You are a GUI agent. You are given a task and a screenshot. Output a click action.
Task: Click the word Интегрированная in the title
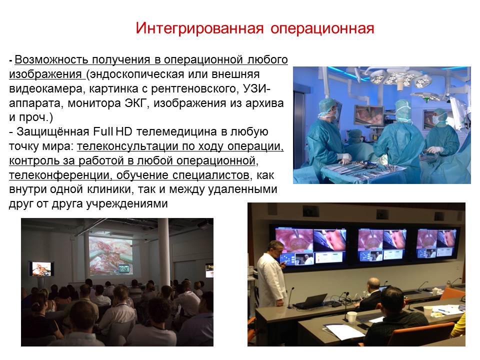coord(199,28)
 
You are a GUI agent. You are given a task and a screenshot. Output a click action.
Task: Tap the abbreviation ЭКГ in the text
coord(134,103)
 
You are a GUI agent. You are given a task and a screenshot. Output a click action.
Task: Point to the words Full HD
coord(112,131)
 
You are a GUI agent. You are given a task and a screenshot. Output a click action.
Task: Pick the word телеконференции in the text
coord(59,175)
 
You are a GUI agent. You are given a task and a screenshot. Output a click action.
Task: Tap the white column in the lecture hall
coord(164,252)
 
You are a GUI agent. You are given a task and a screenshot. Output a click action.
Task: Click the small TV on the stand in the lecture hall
coord(41,268)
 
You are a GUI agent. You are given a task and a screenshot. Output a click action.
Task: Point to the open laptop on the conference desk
coord(310,301)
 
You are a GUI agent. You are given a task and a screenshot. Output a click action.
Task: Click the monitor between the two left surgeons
coord(369,115)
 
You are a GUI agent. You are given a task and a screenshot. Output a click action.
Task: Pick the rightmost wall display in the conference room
coord(436,243)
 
